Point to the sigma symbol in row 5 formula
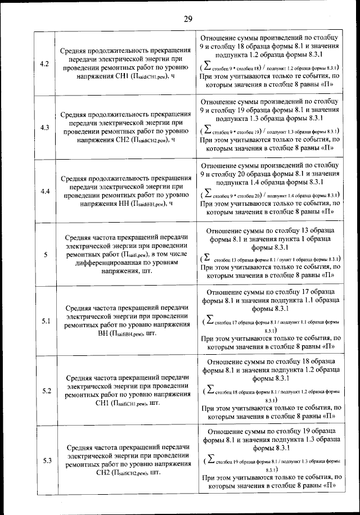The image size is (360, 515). pos(206,258)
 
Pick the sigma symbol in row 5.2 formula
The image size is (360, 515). pos(209,390)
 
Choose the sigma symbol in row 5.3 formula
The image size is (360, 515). pos(209,460)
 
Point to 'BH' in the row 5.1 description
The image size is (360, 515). pos(104,333)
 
